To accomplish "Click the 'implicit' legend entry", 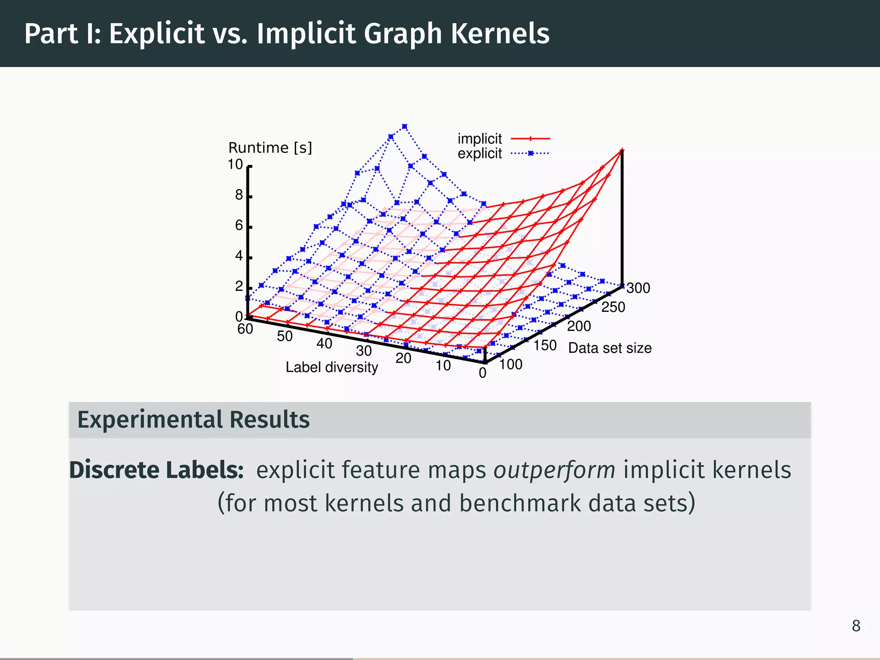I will coord(480,139).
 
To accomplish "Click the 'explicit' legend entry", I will coord(480,153).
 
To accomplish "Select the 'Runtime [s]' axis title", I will coord(270,148).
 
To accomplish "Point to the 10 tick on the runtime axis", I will coord(235,165).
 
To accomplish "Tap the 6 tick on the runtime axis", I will coord(239,226).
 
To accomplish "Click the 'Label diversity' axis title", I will coord(332,367).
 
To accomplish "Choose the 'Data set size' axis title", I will coord(609,348).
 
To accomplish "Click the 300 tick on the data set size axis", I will coord(638,288).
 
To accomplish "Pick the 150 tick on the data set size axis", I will coord(545,345).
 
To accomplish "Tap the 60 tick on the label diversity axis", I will coord(245,329).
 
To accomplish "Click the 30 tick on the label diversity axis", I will coord(364,351).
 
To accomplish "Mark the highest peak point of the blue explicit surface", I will coord(404,126).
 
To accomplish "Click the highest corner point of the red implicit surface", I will coord(622,150).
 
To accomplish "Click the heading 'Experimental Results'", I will coord(193,420).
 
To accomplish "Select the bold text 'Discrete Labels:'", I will coord(156,470).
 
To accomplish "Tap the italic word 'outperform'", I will coord(554,470).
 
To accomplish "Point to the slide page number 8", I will coord(856,626).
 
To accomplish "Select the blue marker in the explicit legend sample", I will coord(531,153).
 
